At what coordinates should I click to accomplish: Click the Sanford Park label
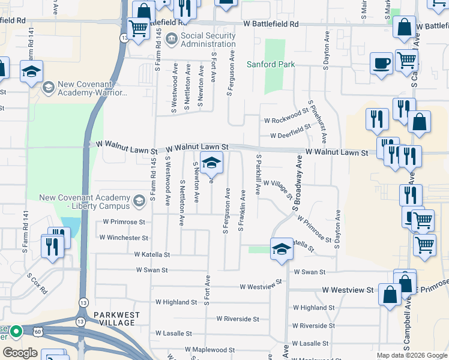coord(271,64)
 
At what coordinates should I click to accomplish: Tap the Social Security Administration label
coord(208,40)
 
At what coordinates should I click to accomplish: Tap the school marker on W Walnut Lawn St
coord(211,163)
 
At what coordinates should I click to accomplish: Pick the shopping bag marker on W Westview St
coord(390,294)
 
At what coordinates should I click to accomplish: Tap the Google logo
coord(20,353)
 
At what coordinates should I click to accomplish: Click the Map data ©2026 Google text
coord(412,355)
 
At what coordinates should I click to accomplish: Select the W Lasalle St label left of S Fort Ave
coord(173,333)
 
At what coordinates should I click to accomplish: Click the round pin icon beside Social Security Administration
coord(172,40)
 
